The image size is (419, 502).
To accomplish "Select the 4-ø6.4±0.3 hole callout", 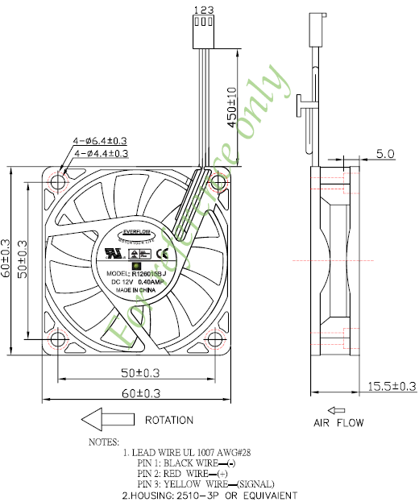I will tap(101, 140).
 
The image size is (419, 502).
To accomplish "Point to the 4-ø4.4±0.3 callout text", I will tap(101, 152).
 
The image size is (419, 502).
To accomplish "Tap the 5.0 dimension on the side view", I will tap(385, 153).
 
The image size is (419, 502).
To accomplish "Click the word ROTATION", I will tap(168, 420).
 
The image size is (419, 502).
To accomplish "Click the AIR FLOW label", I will tap(338, 422).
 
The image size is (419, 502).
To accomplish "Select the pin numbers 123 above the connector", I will tap(202, 9).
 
